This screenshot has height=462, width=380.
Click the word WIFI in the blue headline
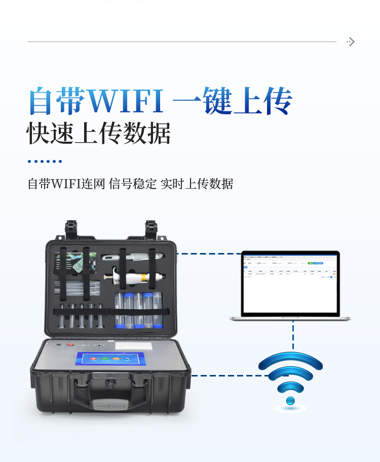[126, 101]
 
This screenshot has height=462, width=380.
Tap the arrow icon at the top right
[351, 41]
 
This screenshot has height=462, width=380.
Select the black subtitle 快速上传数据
[99, 133]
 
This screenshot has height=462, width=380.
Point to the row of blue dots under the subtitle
[45, 161]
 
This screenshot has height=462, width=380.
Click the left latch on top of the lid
[71, 230]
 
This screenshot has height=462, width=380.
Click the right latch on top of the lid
[151, 230]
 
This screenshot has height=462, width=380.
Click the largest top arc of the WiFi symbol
[290, 360]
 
